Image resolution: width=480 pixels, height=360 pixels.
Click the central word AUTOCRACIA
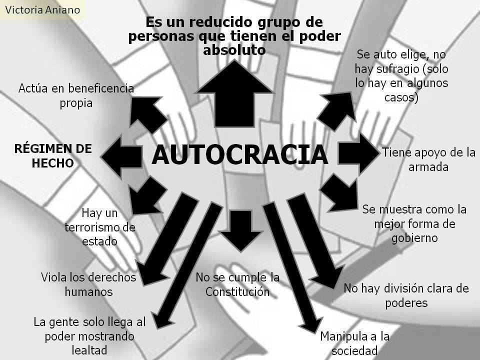240,154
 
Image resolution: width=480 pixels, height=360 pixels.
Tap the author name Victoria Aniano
42,9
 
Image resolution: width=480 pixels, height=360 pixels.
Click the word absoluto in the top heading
234,50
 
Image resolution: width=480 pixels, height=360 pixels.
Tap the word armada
428,167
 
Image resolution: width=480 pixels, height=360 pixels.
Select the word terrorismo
100,227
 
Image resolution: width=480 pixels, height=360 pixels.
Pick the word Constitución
237,291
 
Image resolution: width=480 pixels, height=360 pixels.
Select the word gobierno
414,237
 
